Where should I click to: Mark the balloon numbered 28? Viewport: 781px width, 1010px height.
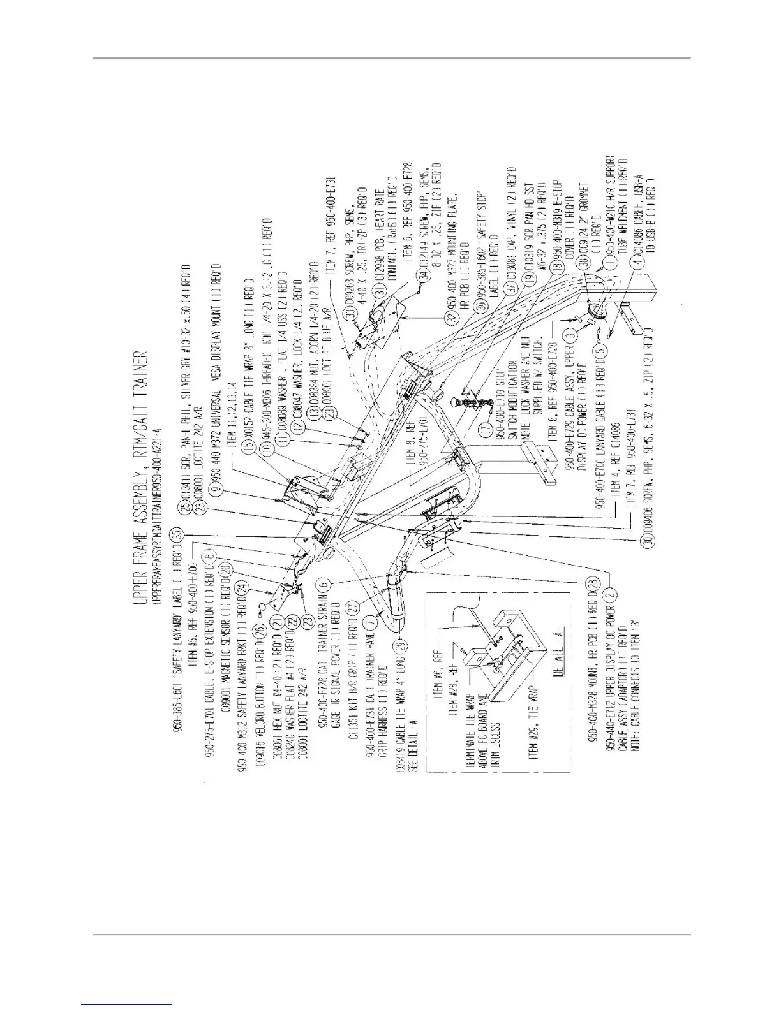tap(593, 585)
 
